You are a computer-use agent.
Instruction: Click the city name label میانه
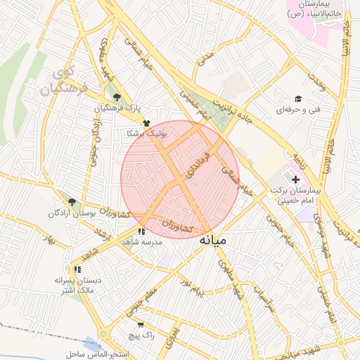[212, 240]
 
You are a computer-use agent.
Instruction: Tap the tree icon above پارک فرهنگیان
[117, 98]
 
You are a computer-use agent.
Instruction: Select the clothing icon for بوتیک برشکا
[146, 122]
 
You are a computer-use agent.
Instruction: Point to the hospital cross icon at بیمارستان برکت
[295, 180]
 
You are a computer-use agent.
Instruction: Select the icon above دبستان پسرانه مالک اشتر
[77, 269]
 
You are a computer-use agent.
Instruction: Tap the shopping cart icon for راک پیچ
[141, 325]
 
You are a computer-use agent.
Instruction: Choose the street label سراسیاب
[262, 281]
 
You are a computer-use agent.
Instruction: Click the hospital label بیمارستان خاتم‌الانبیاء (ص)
[314, 9]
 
